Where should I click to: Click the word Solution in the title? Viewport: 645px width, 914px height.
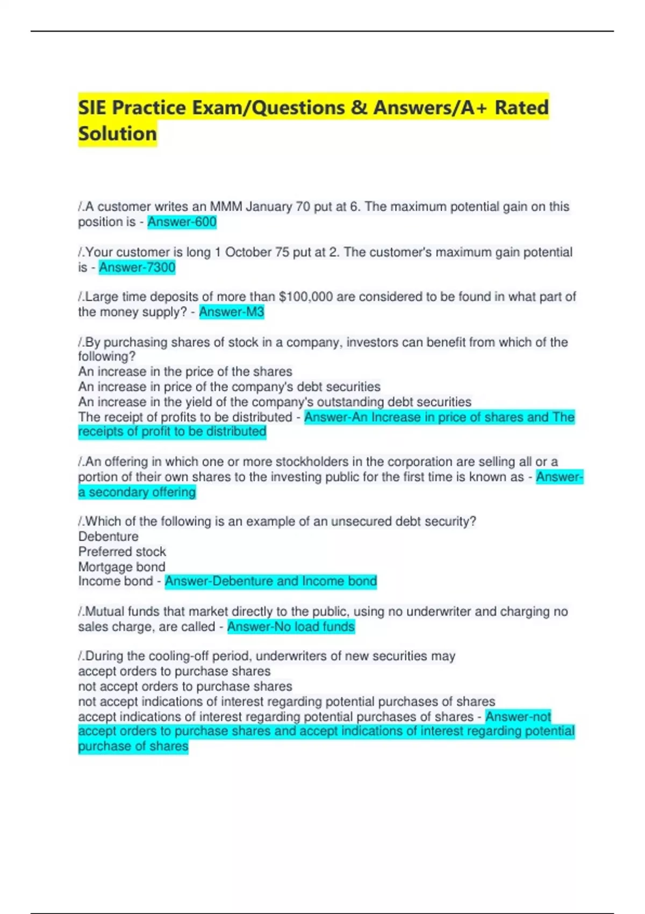pyautogui.click(x=117, y=133)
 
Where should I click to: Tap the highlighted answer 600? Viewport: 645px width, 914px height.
pyautogui.click(x=182, y=222)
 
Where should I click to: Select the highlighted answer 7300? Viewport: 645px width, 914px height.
pyautogui.click(x=137, y=267)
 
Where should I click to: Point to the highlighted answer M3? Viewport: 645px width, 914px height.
pyautogui.click(x=232, y=312)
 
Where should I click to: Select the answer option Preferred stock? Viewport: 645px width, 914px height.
pyautogui.click(x=122, y=552)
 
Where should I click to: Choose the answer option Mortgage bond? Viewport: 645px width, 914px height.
pyautogui.click(x=121, y=567)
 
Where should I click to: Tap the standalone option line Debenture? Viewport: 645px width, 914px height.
pyautogui.click(x=108, y=537)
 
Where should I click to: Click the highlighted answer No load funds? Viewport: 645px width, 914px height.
pyautogui.click(x=291, y=626)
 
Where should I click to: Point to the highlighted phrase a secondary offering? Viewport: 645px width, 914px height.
pyautogui.click(x=137, y=492)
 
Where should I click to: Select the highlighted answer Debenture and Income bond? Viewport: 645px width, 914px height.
pyautogui.click(x=271, y=581)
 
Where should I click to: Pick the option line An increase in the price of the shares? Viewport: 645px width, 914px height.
pyautogui.click(x=185, y=372)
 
